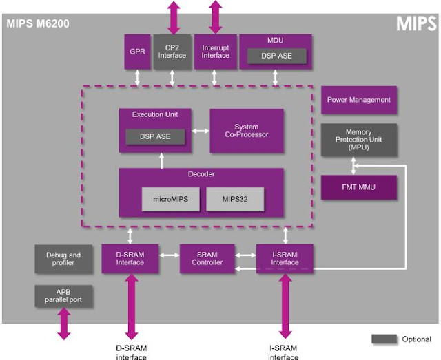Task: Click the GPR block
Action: [x=136, y=52]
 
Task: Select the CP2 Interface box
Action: [x=172, y=52]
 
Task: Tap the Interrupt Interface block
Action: [x=215, y=52]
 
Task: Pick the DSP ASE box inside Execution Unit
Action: [x=156, y=137]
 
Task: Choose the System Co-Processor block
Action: [x=246, y=130]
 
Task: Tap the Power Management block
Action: [x=358, y=100]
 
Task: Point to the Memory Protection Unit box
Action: [x=358, y=140]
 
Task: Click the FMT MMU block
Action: [x=358, y=187]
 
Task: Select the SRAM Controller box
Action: [x=207, y=258]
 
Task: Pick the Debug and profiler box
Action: [x=63, y=259]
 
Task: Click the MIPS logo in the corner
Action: [x=416, y=24]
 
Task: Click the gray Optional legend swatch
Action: [x=384, y=339]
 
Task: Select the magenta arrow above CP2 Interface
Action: [x=172, y=17]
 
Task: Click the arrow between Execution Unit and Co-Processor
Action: [x=201, y=130]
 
